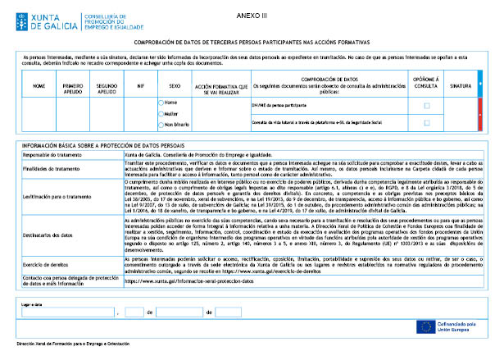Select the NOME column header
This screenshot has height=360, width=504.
[x=39, y=85]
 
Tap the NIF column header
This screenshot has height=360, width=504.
[x=141, y=85]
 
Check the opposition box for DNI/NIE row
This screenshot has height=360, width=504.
[x=426, y=106]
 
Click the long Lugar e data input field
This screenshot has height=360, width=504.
[x=66, y=312]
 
